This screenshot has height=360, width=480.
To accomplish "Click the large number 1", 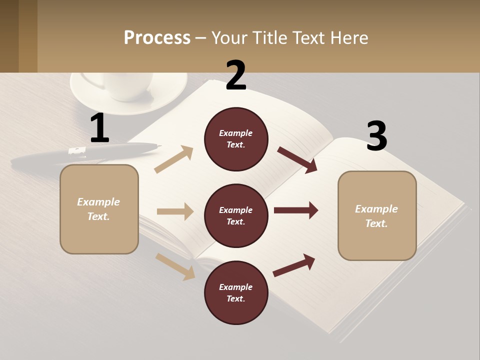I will [x=99, y=128].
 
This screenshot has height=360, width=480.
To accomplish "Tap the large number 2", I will [x=236, y=75].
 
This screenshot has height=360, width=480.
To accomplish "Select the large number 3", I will [x=376, y=136].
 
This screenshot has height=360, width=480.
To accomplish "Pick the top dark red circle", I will [x=236, y=139].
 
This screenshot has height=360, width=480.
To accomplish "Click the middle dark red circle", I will [x=236, y=215].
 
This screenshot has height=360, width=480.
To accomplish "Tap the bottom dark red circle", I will [x=236, y=292].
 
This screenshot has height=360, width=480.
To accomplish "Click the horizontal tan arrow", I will [x=175, y=211].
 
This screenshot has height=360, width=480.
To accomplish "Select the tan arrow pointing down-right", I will [x=175, y=266].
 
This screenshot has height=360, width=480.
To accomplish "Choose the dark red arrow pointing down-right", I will [x=298, y=160].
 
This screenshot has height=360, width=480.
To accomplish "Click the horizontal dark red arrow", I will [x=296, y=210].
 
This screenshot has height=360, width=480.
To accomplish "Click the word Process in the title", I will [x=157, y=37].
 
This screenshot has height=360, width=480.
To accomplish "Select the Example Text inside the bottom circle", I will [x=235, y=292].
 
